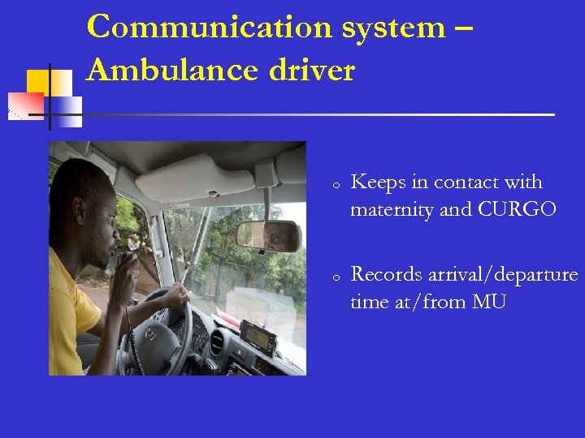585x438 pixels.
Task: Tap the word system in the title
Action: (x=394, y=27)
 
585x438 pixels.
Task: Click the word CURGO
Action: (x=518, y=209)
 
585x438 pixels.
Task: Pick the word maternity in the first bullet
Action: (x=392, y=209)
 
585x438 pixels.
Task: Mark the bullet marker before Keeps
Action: (x=335, y=184)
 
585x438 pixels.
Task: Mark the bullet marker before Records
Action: (x=335, y=277)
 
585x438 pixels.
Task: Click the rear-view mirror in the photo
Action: (x=267, y=235)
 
